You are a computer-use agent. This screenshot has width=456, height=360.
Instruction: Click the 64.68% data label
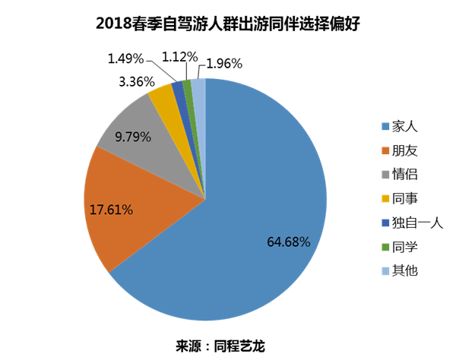pyautogui.click(x=288, y=242)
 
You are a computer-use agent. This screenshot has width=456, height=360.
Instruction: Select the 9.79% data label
pyautogui.click(x=133, y=138)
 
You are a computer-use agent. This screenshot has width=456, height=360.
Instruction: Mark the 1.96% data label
pyautogui.click(x=223, y=63)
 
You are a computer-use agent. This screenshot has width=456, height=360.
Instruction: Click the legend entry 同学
pyautogui.click(x=405, y=247)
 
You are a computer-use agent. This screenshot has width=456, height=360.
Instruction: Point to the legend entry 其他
pyautogui.click(x=405, y=271)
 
